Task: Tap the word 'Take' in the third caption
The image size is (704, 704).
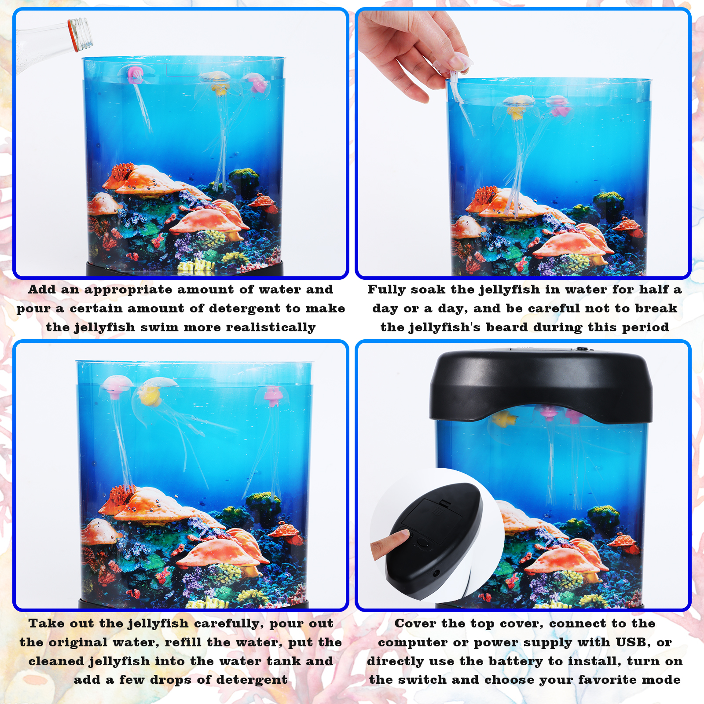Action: click(46, 623)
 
